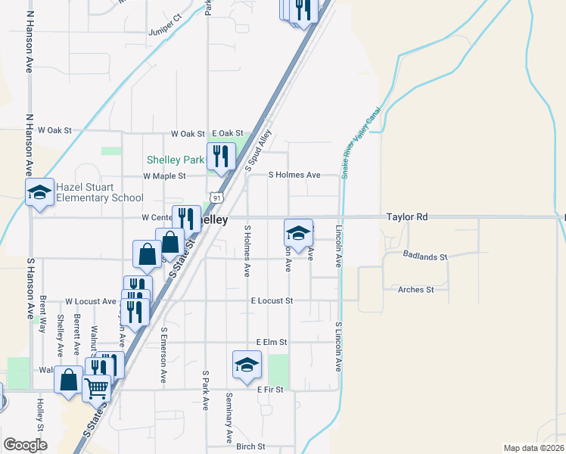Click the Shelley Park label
[x=175, y=160]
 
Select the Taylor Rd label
[x=406, y=217]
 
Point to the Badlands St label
[x=425, y=257]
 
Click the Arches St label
[x=415, y=289]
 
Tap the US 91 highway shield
[x=217, y=197]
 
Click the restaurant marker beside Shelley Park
[x=221, y=157]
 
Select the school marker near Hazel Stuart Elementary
[x=39, y=193]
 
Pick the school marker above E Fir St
[x=247, y=366]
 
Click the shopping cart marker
[x=96, y=388]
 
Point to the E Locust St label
[x=272, y=301]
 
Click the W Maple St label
[x=164, y=176]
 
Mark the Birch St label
[x=250, y=446]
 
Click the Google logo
[x=26, y=445]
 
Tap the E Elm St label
[x=273, y=343]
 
